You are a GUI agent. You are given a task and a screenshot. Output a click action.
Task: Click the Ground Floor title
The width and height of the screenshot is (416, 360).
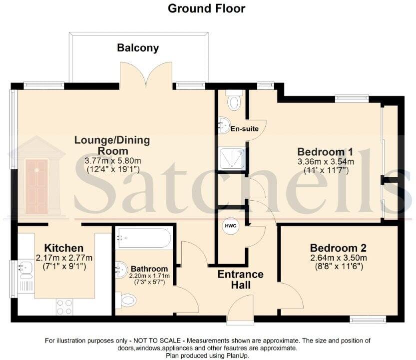206,8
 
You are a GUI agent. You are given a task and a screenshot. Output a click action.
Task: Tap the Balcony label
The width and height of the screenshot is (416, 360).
138,48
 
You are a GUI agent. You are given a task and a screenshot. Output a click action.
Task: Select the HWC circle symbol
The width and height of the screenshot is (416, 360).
230,226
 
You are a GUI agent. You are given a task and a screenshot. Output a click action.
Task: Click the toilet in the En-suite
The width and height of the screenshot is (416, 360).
233,101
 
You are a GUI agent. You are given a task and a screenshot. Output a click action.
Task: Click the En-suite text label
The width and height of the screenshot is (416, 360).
244,129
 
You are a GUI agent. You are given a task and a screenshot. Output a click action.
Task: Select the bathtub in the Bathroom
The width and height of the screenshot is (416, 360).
144,239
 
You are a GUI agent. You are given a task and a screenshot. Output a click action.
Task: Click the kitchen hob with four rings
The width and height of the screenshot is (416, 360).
65,306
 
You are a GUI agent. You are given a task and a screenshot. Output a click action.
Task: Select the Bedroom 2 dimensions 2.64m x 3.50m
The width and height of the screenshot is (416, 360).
338,258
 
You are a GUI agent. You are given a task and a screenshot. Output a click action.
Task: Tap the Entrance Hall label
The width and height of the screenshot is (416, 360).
241,280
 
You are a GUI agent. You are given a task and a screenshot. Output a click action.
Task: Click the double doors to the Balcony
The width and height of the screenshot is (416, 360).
146,76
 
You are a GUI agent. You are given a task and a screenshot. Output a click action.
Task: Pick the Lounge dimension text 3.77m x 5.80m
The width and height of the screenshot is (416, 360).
112,161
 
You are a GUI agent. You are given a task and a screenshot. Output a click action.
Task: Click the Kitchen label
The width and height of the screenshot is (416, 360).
63,248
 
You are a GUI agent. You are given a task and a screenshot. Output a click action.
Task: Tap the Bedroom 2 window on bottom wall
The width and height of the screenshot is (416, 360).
368,319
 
